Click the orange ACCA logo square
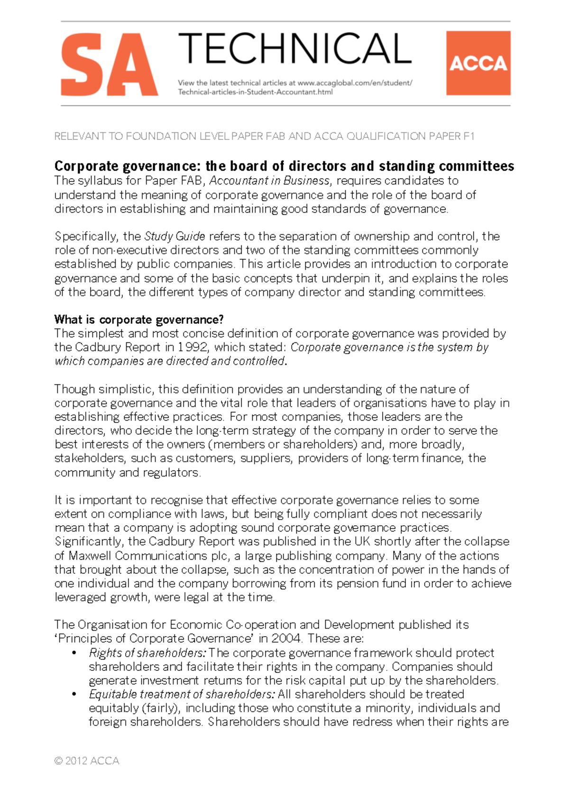point(478,63)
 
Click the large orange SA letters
point(109,64)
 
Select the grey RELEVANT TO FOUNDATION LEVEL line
point(264,137)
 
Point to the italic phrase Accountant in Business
point(269,181)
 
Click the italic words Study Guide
point(174,236)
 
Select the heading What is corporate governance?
point(138,320)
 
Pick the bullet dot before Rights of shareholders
point(74,653)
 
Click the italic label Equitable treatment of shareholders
point(182,695)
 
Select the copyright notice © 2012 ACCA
point(87,761)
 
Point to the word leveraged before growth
point(80,597)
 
